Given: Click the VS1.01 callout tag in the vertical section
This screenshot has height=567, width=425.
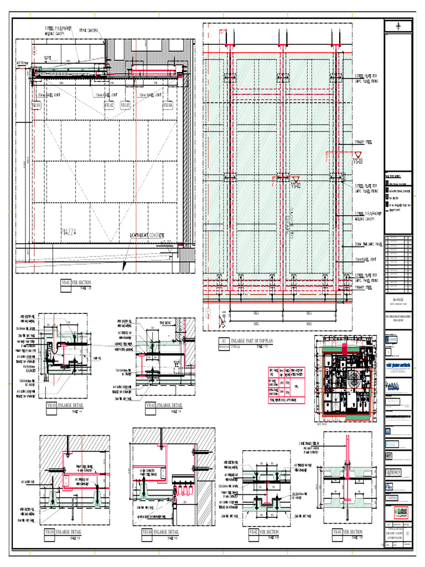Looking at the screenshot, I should (x=36, y=105).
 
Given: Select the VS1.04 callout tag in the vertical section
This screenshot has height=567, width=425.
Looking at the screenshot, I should (x=167, y=105).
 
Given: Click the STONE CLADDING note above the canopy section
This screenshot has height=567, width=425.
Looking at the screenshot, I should (x=89, y=31).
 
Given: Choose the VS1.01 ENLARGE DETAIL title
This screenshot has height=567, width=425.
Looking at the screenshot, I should (x=66, y=406).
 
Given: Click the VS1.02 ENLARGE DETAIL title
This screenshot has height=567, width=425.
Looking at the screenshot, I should (x=163, y=406).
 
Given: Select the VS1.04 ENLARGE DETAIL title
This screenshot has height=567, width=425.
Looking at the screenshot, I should (x=160, y=532).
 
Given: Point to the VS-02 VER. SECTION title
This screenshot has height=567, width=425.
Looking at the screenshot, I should (x=269, y=532).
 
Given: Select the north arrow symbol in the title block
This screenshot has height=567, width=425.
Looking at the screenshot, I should (x=399, y=27).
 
